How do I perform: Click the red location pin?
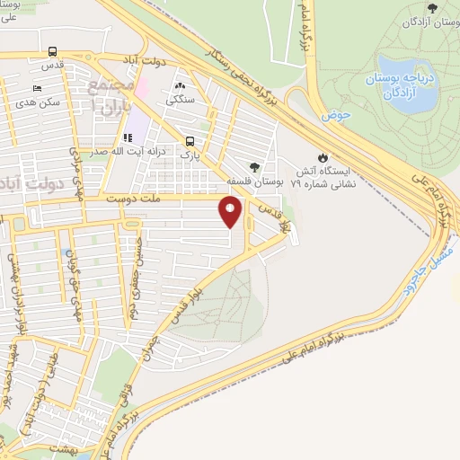click(x=231, y=213)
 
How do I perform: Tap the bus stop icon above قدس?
click(x=53, y=52)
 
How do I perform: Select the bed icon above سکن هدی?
click(x=37, y=88)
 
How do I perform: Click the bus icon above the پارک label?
click(x=190, y=141)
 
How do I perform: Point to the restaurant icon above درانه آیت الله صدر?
click(x=128, y=137)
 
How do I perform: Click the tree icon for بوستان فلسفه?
click(x=256, y=167)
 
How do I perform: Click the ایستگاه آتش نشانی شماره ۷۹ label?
click(x=325, y=174)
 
